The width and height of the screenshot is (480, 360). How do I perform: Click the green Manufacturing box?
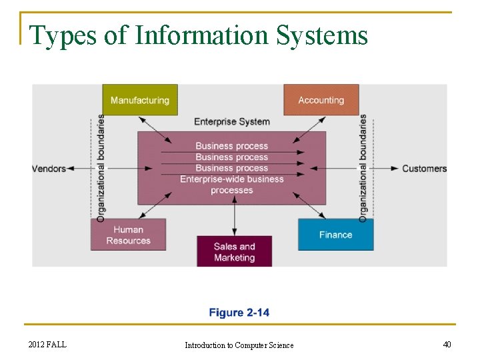coord(140,100)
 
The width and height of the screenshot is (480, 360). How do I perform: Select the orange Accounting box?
coord(321,100)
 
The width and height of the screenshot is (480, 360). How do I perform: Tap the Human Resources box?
coord(128,235)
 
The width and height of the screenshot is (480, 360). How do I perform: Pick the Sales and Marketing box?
coord(234,251)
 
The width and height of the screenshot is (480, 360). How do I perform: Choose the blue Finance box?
coord(335,235)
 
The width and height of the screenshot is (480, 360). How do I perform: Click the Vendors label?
coord(49,168)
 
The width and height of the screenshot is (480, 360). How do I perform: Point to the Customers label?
coord(424,168)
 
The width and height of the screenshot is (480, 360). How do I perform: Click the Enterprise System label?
coord(232,121)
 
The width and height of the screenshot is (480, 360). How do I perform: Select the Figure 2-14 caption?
coord(239,312)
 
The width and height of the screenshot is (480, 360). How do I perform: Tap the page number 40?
coord(447,344)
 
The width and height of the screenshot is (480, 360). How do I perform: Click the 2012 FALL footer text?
coord(47,344)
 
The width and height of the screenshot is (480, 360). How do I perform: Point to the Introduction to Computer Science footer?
coord(239,345)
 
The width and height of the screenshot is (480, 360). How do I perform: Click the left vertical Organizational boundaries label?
coord(101,168)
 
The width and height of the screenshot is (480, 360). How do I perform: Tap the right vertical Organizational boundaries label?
coord(363,168)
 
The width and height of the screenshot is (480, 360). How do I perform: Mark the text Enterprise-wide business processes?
coord(232,185)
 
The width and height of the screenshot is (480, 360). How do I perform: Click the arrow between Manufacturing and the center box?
coord(155,131)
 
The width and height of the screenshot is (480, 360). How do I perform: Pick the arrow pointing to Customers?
coord(385,168)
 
